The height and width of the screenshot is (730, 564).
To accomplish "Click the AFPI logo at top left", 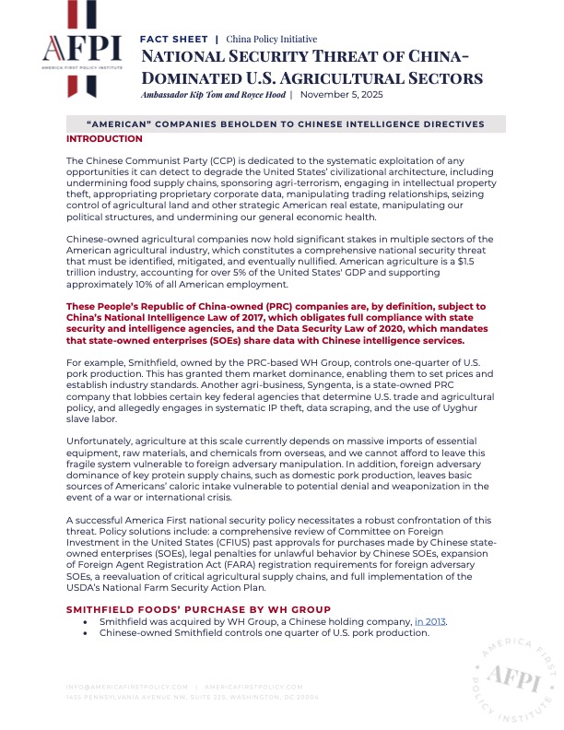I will (82, 51).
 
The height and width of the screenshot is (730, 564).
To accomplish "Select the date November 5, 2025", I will (341, 94).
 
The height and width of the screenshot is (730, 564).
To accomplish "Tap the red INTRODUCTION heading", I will (104, 138).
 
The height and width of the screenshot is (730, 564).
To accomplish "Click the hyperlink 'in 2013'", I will (429, 622).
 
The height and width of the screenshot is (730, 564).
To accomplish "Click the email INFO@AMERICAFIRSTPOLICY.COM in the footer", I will (128, 688).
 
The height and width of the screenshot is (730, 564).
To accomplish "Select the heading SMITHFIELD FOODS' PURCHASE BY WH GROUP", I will (198, 609).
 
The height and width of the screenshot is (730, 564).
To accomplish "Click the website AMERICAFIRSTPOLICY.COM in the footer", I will (253, 688).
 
